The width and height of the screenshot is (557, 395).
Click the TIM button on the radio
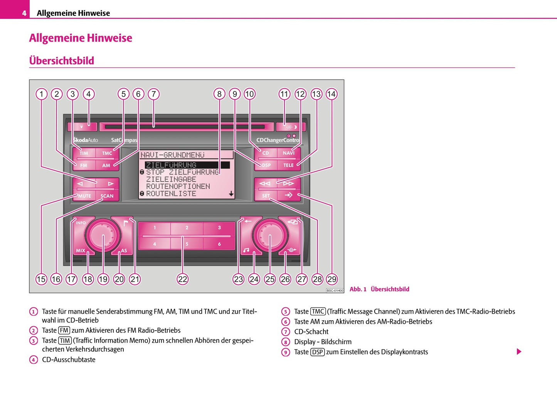[84, 153]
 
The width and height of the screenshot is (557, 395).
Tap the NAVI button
[288, 153]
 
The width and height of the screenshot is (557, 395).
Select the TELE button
[288, 165]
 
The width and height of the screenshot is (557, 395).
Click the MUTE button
[84, 196]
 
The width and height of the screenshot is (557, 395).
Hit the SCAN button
[107, 196]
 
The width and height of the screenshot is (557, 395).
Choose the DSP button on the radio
[266, 165]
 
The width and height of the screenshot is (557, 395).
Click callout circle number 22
[182, 279]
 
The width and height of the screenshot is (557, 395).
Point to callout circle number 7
[153, 94]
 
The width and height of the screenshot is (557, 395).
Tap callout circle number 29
[332, 279]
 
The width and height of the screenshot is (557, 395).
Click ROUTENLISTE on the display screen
[171, 193]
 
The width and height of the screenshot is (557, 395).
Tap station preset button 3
[219, 228]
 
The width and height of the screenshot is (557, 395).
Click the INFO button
[81, 223]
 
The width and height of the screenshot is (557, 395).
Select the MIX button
[81, 250]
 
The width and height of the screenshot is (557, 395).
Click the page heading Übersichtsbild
[62, 61]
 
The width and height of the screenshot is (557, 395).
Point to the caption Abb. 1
[358, 289]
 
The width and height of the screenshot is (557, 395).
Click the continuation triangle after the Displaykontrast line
[519, 351]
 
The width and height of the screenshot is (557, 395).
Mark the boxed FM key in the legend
[64, 330]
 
